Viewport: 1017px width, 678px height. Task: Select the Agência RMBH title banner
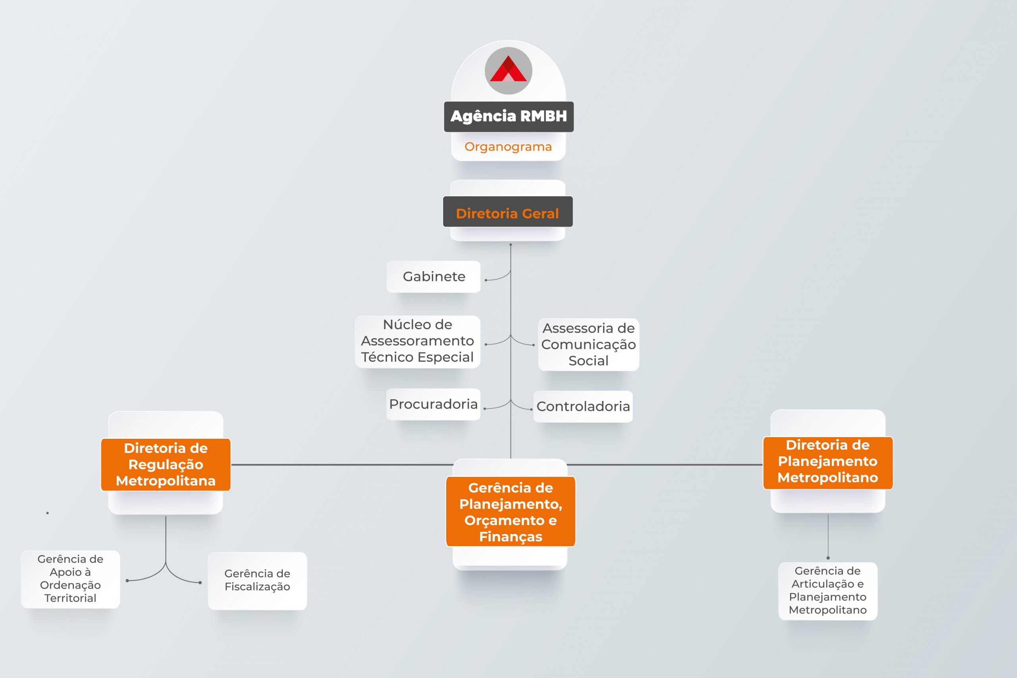[509, 116]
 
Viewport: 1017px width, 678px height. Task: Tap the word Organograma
[508, 147]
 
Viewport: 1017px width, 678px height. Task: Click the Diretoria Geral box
[508, 211]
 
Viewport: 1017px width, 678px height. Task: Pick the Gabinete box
[433, 277]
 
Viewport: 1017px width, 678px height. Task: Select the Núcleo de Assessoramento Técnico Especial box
[418, 342]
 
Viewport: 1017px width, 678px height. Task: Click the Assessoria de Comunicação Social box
[589, 345]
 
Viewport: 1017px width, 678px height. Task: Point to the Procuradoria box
[433, 404]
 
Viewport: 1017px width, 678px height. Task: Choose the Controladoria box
[583, 407]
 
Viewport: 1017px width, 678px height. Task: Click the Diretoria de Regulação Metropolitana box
[166, 465]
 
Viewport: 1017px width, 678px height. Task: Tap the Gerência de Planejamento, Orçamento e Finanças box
[510, 511]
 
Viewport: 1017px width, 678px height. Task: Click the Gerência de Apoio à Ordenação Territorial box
[70, 579]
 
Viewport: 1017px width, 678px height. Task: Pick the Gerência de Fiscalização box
[257, 581]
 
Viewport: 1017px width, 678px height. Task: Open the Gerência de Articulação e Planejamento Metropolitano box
[828, 591]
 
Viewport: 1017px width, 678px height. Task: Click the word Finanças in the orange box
[510, 537]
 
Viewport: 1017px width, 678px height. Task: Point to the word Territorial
[70, 598]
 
